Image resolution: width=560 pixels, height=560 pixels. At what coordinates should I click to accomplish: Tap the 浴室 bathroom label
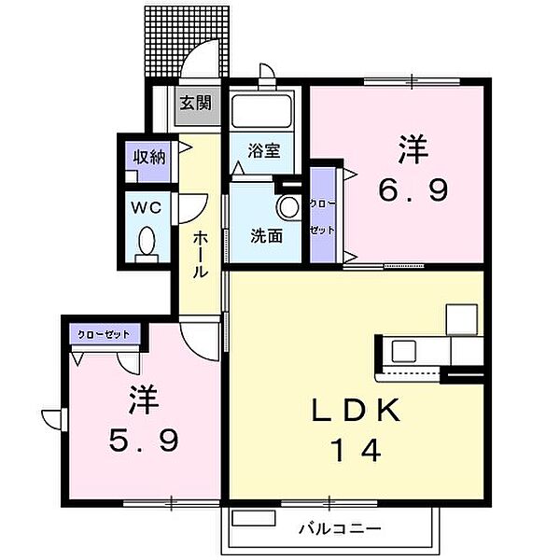[x=264, y=151]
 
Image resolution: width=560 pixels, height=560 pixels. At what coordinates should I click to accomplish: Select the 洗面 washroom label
[x=266, y=235]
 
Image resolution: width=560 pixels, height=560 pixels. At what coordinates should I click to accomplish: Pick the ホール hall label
[x=201, y=255]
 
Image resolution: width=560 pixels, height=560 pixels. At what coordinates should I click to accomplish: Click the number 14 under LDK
[x=355, y=451]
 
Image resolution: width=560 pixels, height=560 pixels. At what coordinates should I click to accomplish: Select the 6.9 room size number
[x=413, y=191]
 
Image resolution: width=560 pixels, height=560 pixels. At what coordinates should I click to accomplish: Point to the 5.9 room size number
[x=142, y=441]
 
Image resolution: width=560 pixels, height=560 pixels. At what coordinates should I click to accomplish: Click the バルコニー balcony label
[x=339, y=529]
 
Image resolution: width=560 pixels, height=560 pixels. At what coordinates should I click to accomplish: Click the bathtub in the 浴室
[x=264, y=114]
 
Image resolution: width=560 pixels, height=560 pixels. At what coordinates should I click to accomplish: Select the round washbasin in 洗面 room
[x=289, y=206]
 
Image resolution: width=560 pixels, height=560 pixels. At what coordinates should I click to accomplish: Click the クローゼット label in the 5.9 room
[x=103, y=333]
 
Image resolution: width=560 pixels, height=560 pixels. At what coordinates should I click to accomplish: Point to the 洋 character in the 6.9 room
[x=413, y=149]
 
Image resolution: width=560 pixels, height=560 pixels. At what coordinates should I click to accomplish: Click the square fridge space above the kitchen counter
[x=460, y=319]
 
